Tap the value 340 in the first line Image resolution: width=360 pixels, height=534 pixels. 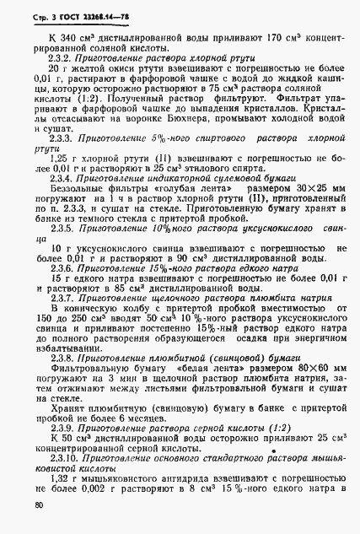(x=69, y=39)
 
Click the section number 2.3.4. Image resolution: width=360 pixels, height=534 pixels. (x=64, y=181)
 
